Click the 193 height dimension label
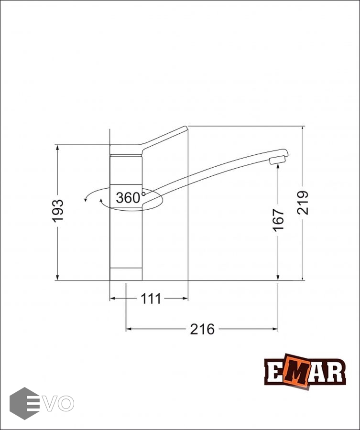click(58, 211)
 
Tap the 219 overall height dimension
click(303, 203)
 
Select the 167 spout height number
click(278, 220)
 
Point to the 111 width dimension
click(151, 299)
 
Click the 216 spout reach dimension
click(202, 329)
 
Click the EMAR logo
click(305, 372)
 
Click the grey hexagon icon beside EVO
click(24, 403)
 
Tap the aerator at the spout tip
click(278, 160)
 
